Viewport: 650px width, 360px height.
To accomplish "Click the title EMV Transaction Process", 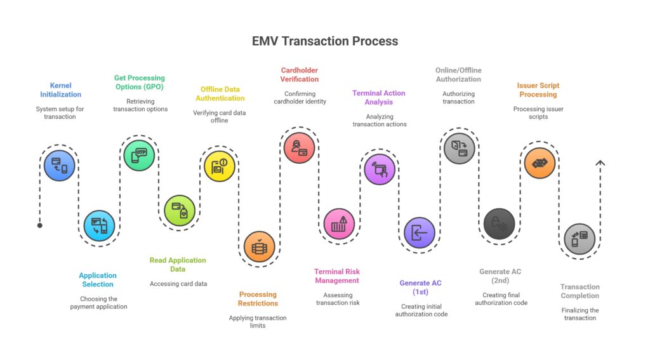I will [324, 41].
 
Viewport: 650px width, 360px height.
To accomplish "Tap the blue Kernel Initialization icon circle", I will [59, 165].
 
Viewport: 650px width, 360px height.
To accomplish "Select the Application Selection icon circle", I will [100, 225].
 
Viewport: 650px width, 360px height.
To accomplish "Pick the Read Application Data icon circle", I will [180, 210].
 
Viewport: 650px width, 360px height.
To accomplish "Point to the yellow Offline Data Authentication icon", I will [219, 166].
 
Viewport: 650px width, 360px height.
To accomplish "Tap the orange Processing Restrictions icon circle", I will [259, 247].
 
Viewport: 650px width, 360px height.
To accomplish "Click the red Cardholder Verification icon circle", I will [299, 148].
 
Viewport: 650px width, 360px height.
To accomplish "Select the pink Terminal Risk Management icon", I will [339, 223].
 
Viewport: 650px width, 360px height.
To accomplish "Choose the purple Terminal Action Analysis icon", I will [379, 169].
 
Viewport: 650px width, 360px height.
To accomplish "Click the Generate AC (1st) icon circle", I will [420, 233].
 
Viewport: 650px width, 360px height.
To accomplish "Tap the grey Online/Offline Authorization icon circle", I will [459, 149].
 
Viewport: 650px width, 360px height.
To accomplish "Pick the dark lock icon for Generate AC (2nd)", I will [499, 223].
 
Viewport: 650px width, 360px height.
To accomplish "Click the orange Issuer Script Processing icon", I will [540, 163].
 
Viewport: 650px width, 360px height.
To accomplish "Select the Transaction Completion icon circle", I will [580, 239].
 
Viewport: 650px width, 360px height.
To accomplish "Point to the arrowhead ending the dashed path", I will [600, 163].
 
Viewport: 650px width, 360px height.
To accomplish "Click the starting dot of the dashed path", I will [40, 225].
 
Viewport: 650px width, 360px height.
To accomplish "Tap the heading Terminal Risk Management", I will [336, 276].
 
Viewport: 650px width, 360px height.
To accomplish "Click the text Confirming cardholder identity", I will [300, 98].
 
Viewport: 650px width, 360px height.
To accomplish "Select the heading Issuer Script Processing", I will [538, 90].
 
